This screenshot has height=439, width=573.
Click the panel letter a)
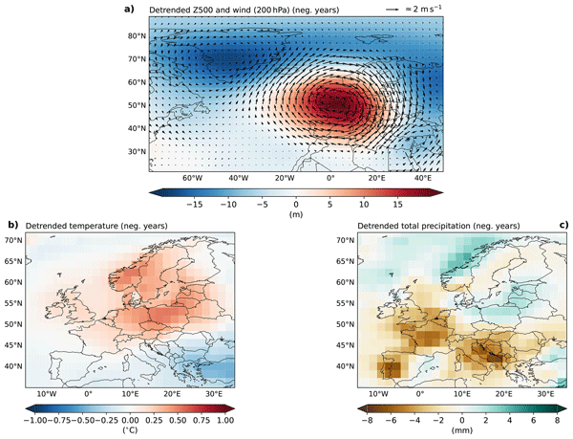[x=129, y=9]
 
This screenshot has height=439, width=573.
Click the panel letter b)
[x=13, y=225]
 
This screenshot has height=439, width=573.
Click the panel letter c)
[x=563, y=225]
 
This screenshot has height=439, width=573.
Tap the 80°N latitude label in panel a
[x=137, y=35]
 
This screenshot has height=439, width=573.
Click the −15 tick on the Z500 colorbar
[x=195, y=205]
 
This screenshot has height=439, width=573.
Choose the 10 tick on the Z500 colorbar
[x=364, y=205]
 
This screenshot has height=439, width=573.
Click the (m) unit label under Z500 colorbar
[x=296, y=214]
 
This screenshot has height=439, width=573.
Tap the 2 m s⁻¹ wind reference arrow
[x=392, y=10]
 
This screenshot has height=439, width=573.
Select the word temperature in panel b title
[x=94, y=226]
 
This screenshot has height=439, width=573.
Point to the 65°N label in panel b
[x=13, y=261]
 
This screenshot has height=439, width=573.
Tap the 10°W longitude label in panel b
[x=47, y=394]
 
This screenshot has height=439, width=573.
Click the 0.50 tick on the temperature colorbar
[x=178, y=420]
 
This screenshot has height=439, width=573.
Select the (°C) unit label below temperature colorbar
[x=130, y=429]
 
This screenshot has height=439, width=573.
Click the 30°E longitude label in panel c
[x=545, y=394]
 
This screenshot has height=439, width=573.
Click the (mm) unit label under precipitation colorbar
[x=462, y=429]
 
